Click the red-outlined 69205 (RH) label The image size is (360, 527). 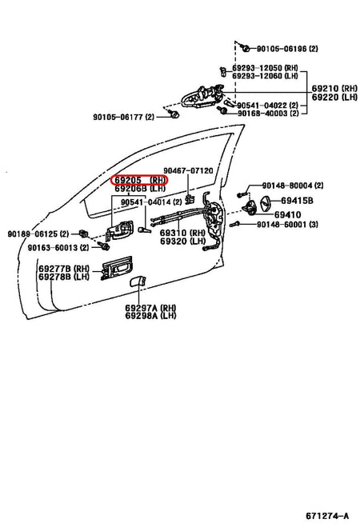click(140, 181)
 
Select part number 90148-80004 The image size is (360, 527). click(290, 185)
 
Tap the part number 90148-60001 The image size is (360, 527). click(292, 225)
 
